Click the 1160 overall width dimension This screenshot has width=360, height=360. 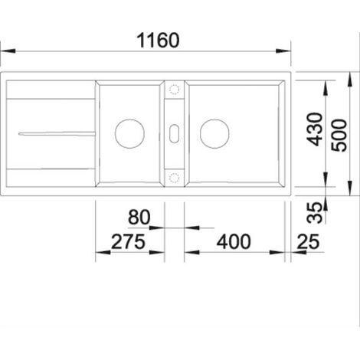click(x=158, y=41)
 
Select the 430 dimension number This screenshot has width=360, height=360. click(x=315, y=129)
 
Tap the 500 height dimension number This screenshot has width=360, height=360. click(x=339, y=136)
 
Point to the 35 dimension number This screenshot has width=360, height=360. click(x=315, y=213)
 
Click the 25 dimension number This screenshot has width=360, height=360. click(x=308, y=241)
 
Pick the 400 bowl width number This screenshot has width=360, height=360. click(x=234, y=241)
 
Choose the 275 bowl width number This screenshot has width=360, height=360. click(x=128, y=241)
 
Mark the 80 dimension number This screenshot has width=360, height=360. click(x=139, y=218)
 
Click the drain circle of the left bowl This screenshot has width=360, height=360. click(x=129, y=133)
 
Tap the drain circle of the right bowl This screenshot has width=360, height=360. click(x=214, y=133)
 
